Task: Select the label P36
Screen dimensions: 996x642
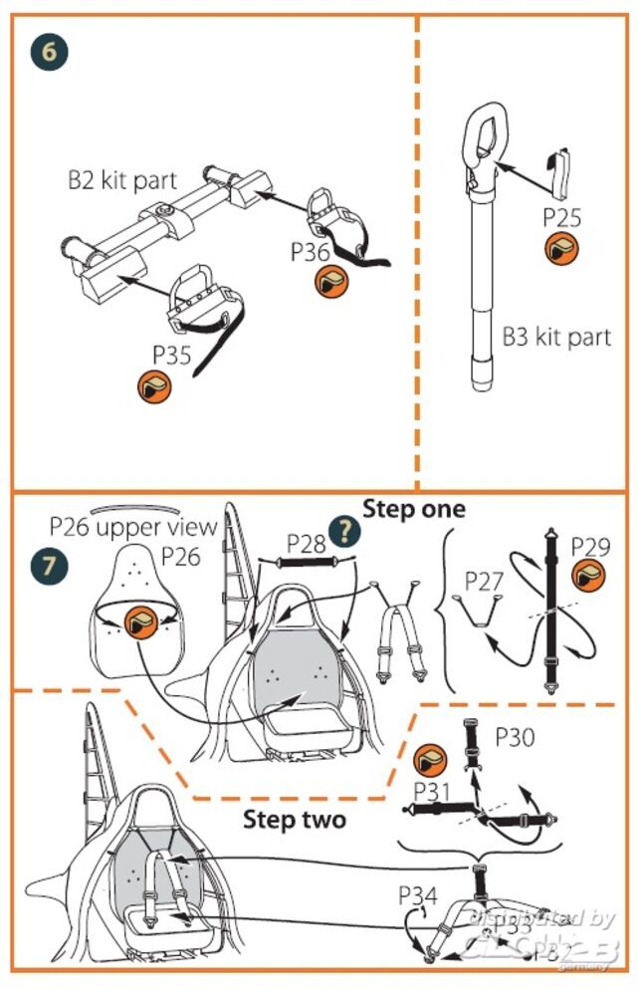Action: coord(311,252)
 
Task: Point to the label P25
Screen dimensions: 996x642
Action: coord(563,216)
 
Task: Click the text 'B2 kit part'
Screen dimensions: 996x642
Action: coord(122,181)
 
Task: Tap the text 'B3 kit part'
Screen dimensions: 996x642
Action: coord(556,337)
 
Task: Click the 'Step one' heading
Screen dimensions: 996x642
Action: coord(413,509)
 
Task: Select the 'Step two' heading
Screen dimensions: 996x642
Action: coord(295,820)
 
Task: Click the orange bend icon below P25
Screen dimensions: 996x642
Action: coord(563,250)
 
